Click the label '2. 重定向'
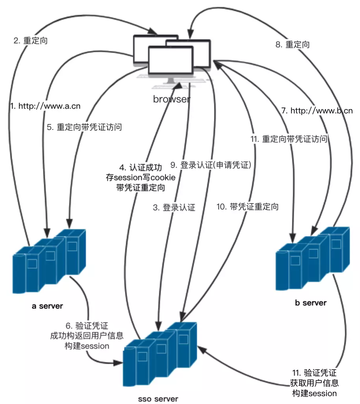click(x=30, y=41)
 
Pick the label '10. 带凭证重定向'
click(x=248, y=207)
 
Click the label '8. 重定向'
click(x=292, y=44)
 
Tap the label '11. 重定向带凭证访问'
click(x=289, y=139)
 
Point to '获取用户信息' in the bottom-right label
click(x=315, y=383)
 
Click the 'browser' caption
click(x=171, y=99)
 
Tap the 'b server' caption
click(x=310, y=303)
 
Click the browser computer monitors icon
click(x=171, y=59)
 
